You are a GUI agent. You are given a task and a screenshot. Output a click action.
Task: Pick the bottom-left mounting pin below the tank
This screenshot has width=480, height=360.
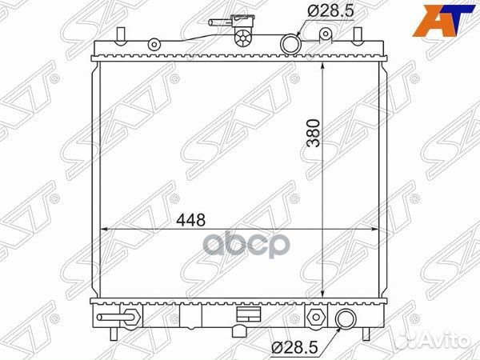tap(119, 331)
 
